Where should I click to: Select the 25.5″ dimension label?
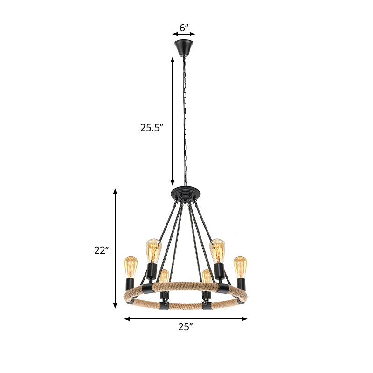pyautogui.click(x=152, y=127)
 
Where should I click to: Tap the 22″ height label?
pyautogui.click(x=101, y=250)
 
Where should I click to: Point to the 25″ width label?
pyautogui.click(x=185, y=327)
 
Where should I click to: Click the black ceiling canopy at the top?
pyautogui.click(x=184, y=47)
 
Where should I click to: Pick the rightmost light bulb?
pyautogui.click(x=240, y=266)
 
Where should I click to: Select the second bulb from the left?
pyautogui.click(x=153, y=250)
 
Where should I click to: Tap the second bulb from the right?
pyautogui.click(x=217, y=250)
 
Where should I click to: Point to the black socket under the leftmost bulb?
pyautogui.click(x=130, y=283)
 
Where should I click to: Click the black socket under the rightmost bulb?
pyautogui.click(x=241, y=283)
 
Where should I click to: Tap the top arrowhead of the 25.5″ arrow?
pyautogui.click(x=173, y=59)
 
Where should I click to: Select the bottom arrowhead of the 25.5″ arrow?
pyautogui.click(x=173, y=183)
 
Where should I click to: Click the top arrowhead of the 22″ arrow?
pyautogui.click(x=116, y=191)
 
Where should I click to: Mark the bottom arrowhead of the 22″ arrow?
pyautogui.click(x=116, y=306)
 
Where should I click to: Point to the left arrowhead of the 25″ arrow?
pyautogui.click(x=126, y=319)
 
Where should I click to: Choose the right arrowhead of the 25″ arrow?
pyautogui.click(x=245, y=319)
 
